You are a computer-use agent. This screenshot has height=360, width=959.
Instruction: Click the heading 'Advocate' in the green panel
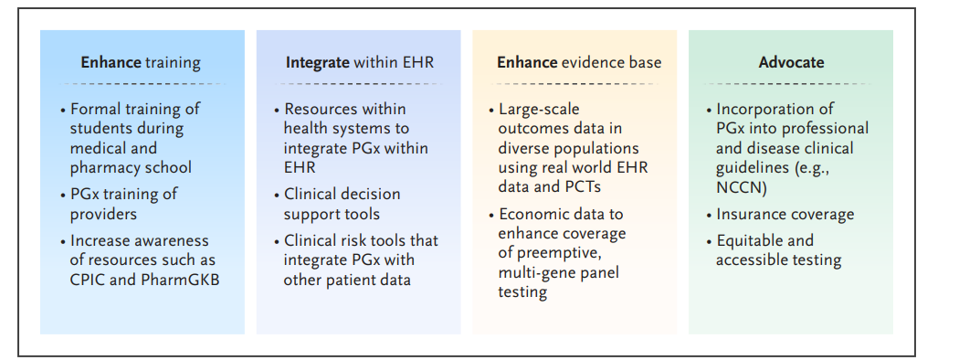pos(791,62)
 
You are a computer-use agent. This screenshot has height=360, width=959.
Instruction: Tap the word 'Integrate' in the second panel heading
pos(318,63)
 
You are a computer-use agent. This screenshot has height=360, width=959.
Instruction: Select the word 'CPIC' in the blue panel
pos(86,280)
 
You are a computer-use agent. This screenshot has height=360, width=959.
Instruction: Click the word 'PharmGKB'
pos(180,280)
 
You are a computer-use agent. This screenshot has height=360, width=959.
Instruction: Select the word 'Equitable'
pos(747,241)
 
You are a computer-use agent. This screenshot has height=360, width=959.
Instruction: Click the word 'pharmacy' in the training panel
pos(101,168)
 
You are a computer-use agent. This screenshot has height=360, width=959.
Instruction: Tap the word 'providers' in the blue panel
pos(103,215)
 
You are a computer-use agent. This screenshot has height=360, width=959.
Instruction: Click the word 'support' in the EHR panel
pos(309,215)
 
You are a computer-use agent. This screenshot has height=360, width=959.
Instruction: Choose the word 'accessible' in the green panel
pos(747,260)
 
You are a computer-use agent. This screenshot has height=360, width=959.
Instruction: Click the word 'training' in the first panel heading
pos(174,63)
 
